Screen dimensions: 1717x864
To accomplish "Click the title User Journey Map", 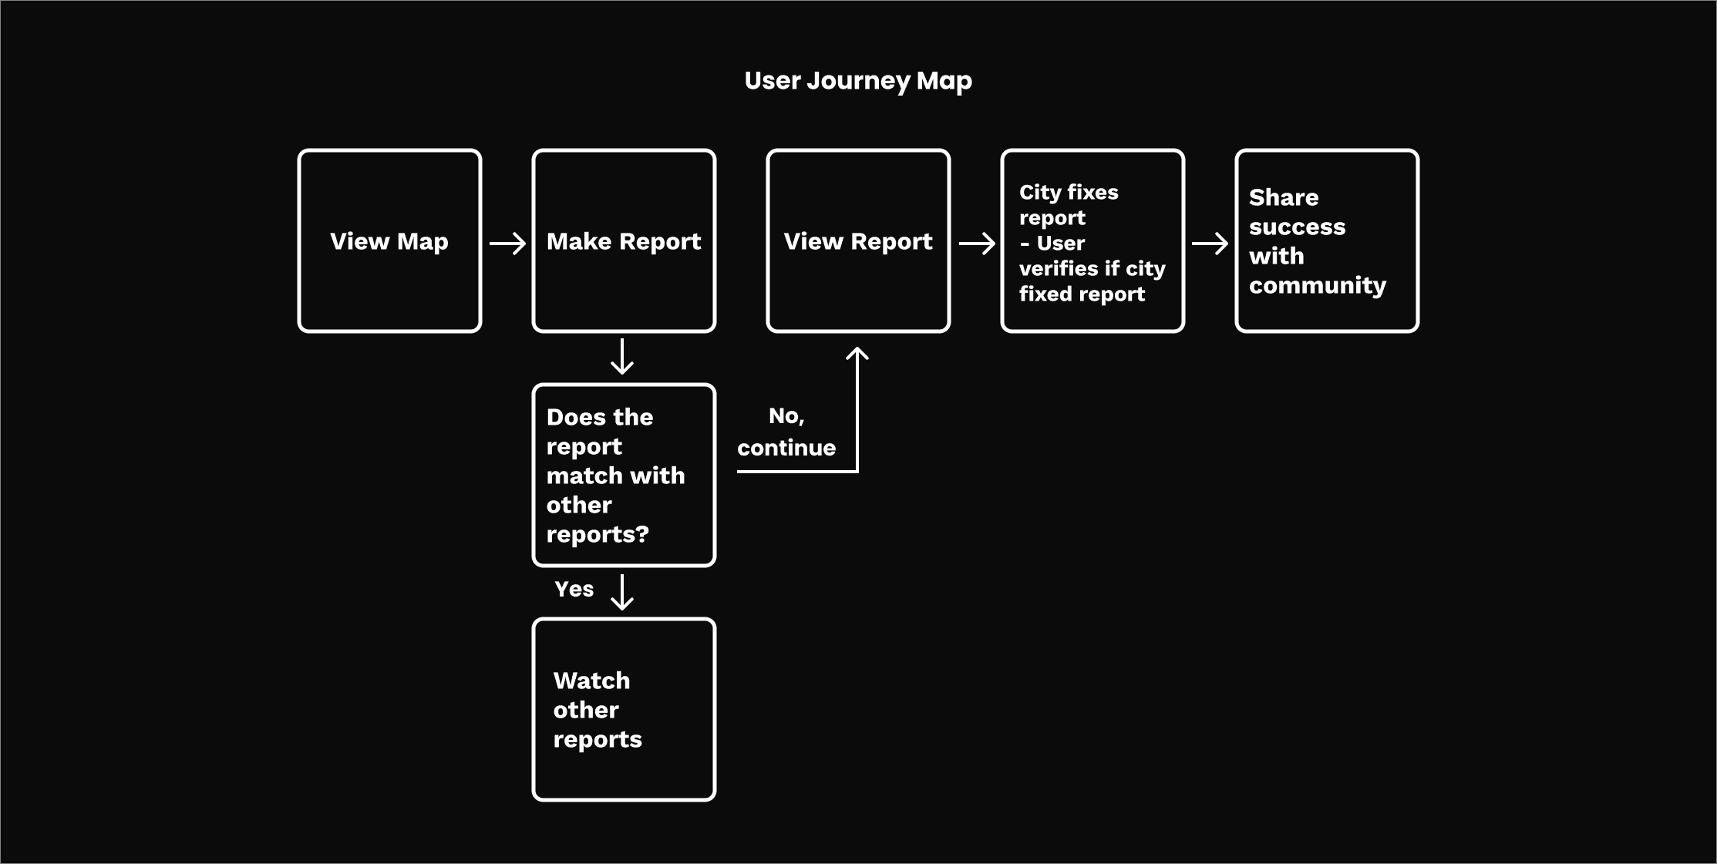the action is [x=858, y=81].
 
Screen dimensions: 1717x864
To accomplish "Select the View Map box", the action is [x=389, y=240].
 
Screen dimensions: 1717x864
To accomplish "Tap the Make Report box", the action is [x=624, y=240].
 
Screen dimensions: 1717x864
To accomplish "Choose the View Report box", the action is [x=858, y=240].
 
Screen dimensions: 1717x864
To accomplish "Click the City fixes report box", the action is [x=1092, y=240].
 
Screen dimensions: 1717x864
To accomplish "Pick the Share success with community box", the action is [x=1327, y=240].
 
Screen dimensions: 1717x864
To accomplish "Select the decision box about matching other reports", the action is [x=624, y=475].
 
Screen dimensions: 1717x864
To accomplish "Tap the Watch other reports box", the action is [x=624, y=709].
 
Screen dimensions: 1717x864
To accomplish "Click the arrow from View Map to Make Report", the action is [x=507, y=244].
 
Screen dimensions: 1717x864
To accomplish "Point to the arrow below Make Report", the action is [x=622, y=356].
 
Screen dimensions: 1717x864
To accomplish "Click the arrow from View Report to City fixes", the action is [x=977, y=244].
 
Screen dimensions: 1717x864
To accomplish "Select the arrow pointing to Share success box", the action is [x=1210, y=244].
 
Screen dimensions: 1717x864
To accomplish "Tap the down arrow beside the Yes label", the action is [x=622, y=592].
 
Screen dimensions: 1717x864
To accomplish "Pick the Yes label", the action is [x=574, y=590].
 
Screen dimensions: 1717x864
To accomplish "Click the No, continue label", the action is [x=786, y=432].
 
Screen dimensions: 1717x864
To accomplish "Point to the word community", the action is [x=1318, y=286].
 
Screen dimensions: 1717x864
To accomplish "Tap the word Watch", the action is [x=591, y=681].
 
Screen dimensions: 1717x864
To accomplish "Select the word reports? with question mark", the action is [x=598, y=535].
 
